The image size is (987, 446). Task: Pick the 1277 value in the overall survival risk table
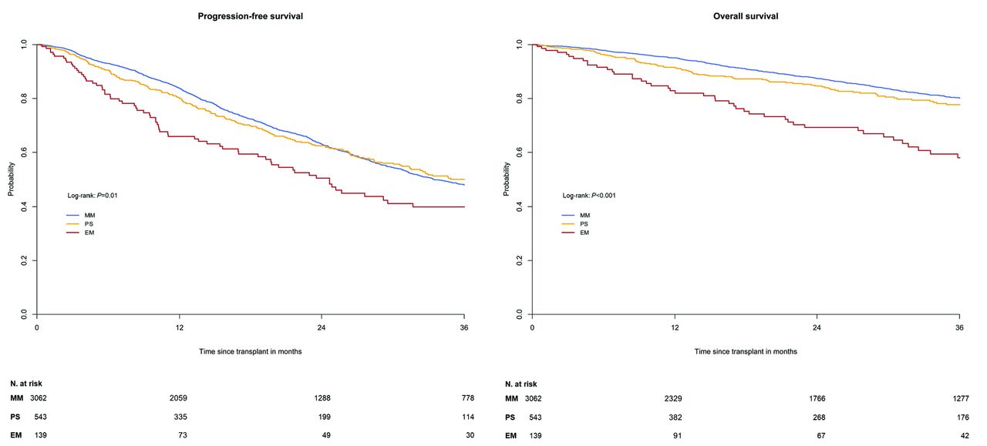(x=958, y=398)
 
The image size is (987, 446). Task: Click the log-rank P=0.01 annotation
(x=92, y=196)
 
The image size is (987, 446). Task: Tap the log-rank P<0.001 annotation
(x=588, y=196)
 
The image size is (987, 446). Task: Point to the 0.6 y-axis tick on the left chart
(x=25, y=153)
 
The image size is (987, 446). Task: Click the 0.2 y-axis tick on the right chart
(x=520, y=260)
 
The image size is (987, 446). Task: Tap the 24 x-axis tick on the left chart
(x=322, y=327)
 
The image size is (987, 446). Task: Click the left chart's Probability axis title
(x=12, y=179)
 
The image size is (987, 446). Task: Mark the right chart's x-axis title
(x=746, y=351)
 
